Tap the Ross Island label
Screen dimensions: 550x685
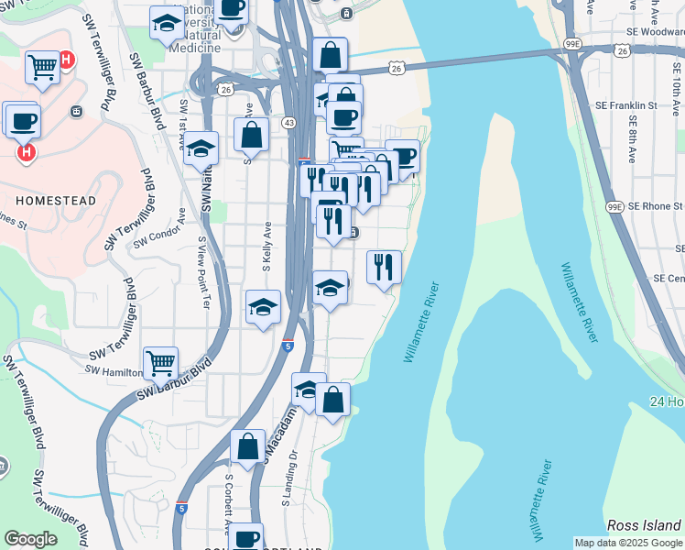coord(644,525)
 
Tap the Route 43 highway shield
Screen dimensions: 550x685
coord(288,123)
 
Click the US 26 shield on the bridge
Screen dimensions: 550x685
coord(396,69)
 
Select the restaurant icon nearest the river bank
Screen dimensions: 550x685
coord(384,267)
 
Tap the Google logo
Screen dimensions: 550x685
coord(31,539)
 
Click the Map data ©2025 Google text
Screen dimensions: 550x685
coord(627,543)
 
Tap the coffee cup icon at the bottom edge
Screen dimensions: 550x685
coord(245,536)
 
